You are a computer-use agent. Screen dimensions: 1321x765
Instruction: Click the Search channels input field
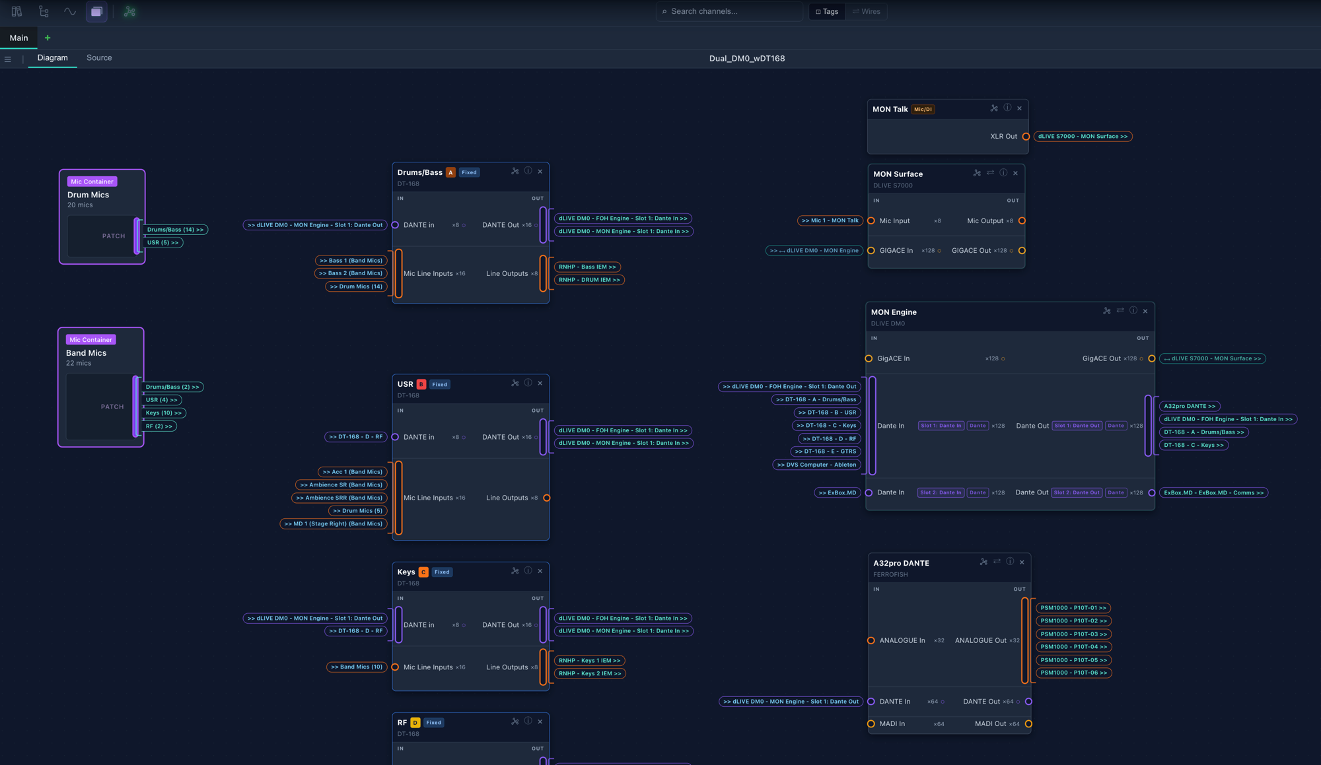pyautogui.click(x=729, y=11)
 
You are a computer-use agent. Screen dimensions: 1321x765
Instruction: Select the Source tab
pyautogui.click(x=99, y=58)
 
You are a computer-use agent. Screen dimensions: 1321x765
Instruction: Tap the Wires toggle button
pyautogui.click(x=867, y=11)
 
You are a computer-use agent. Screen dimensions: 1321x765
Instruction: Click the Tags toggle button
pyautogui.click(x=827, y=11)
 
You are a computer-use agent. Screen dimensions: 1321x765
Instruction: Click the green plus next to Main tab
pyautogui.click(x=48, y=38)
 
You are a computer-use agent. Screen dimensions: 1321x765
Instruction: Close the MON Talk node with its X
pyautogui.click(x=1019, y=108)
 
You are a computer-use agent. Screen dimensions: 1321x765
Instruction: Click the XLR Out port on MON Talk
pyautogui.click(x=1026, y=137)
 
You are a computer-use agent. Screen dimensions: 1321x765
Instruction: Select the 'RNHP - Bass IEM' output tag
pyautogui.click(x=587, y=267)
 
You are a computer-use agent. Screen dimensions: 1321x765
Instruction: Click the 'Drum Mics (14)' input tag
pyautogui.click(x=356, y=286)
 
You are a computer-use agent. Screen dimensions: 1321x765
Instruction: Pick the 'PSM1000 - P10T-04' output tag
pyautogui.click(x=1073, y=647)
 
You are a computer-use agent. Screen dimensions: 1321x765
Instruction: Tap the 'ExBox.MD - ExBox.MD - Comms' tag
pyautogui.click(x=1213, y=493)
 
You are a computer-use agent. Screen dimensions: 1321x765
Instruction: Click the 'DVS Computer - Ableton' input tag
pyautogui.click(x=816, y=465)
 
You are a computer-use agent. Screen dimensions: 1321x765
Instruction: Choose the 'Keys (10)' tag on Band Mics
pyautogui.click(x=164, y=413)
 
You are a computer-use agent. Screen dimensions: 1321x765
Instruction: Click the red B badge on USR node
pyautogui.click(x=421, y=384)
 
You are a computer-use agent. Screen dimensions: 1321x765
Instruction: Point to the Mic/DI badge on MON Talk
pyautogui.click(x=923, y=110)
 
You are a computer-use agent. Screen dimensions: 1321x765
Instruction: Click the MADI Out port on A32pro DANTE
pyautogui.click(x=1028, y=724)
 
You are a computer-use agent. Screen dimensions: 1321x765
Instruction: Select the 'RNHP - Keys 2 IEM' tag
pyautogui.click(x=590, y=674)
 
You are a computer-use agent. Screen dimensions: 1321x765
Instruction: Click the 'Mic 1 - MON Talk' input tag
pyautogui.click(x=830, y=221)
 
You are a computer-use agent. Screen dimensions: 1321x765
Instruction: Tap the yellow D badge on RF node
pyautogui.click(x=415, y=723)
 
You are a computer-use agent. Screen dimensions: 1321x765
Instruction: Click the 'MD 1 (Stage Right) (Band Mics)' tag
pyautogui.click(x=334, y=524)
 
